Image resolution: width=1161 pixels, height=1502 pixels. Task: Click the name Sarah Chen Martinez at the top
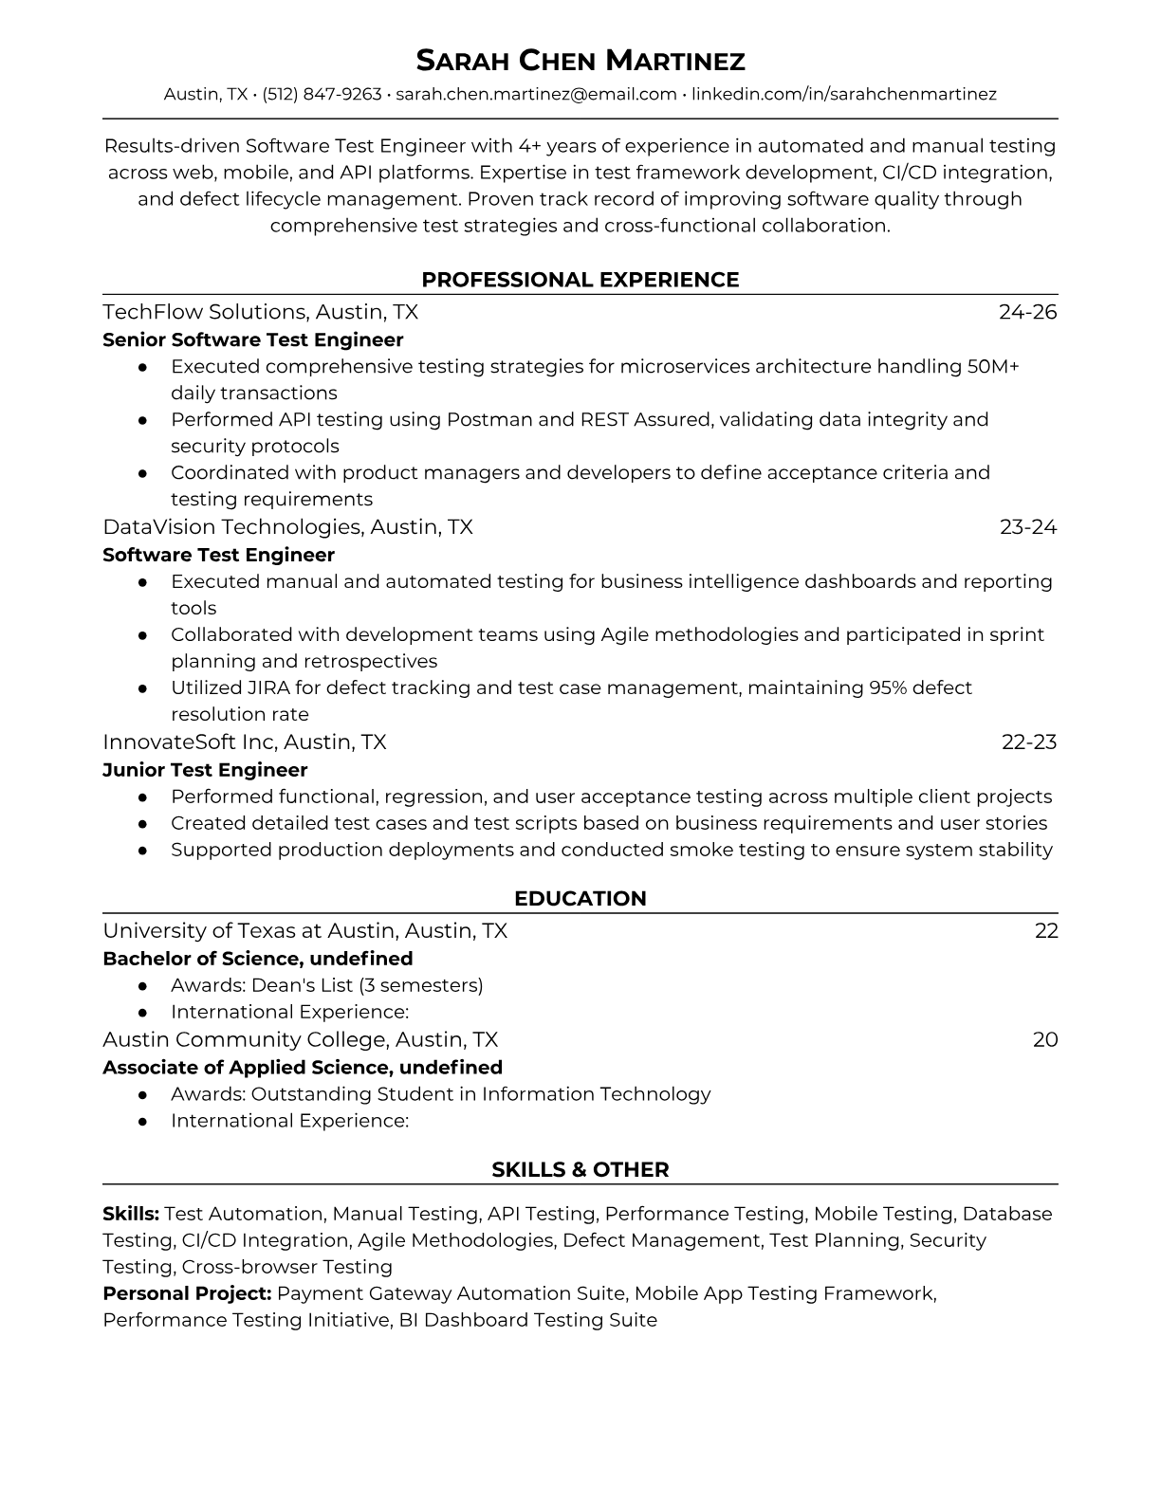[x=580, y=61]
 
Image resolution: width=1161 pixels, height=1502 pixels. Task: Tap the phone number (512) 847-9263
[x=322, y=94]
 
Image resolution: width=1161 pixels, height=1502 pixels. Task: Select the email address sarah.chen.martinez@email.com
[x=536, y=94]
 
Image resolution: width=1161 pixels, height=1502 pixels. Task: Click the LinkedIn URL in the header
[x=843, y=94]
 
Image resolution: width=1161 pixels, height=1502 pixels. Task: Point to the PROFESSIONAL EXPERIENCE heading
[x=580, y=280]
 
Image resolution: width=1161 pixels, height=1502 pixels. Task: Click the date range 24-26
[x=1027, y=312]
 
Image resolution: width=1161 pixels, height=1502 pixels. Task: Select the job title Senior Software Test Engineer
[x=252, y=339]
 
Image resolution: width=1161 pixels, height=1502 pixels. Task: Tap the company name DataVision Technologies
[x=232, y=527]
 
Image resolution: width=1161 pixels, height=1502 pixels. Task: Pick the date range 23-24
[x=1027, y=527]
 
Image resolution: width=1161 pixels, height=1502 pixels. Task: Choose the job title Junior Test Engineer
[x=205, y=770]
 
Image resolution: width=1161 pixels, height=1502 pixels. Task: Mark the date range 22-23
[x=1028, y=742]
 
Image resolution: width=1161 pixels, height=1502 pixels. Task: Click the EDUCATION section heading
[x=580, y=899]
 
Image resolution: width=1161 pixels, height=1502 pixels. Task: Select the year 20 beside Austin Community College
[x=1044, y=1039]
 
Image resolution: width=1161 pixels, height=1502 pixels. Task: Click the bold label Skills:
[x=131, y=1214]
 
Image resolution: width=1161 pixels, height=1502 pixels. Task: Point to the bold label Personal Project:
[x=187, y=1293]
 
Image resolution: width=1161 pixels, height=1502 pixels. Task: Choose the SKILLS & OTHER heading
[x=580, y=1170]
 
